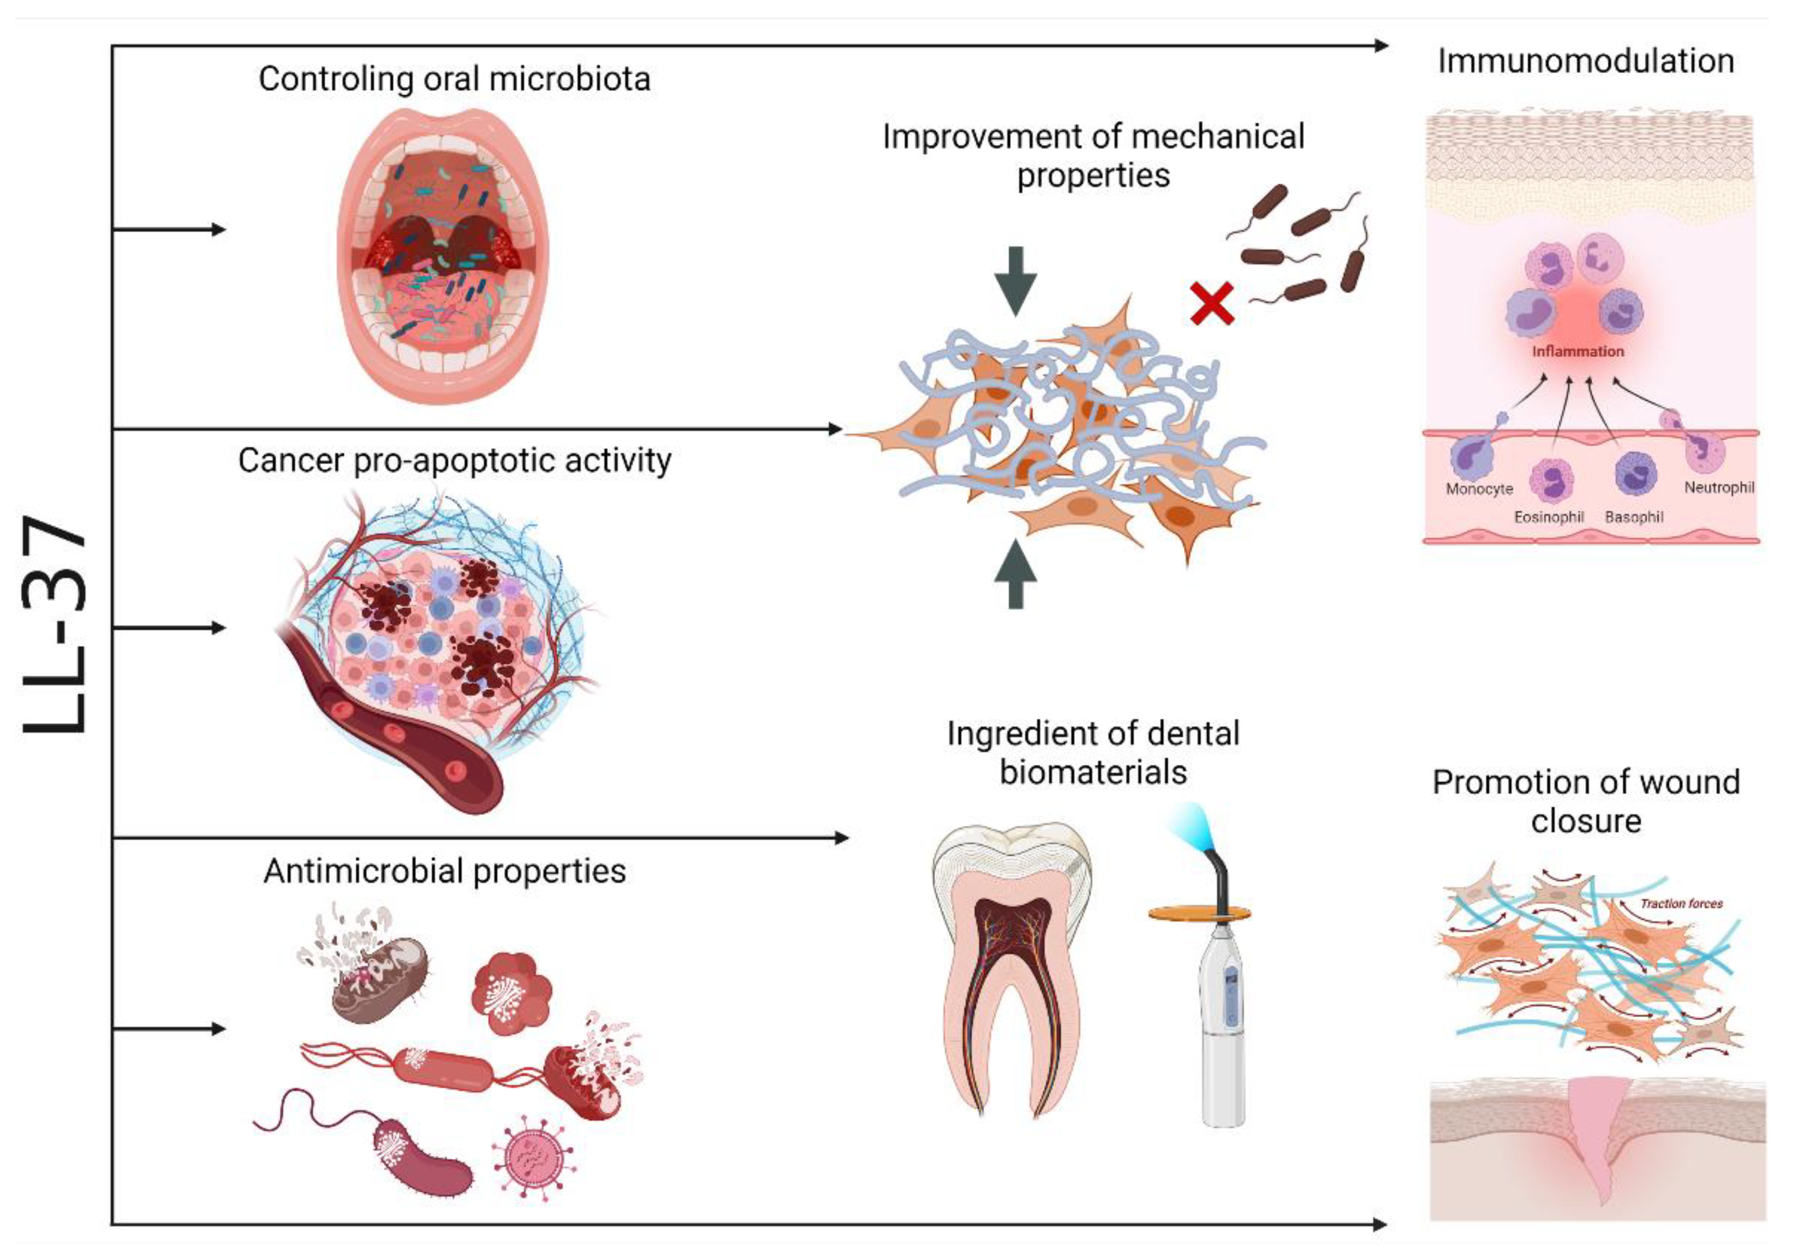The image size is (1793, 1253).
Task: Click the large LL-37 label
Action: [x=53, y=625]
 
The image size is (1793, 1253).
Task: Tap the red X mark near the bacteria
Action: [x=1211, y=304]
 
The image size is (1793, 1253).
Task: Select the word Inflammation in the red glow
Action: [x=1578, y=352]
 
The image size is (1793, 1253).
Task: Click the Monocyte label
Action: [x=1479, y=489]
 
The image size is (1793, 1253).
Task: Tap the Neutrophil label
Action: [x=1719, y=488]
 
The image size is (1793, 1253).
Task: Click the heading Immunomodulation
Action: [x=1585, y=62]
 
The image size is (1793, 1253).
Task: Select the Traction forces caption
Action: [x=1681, y=904]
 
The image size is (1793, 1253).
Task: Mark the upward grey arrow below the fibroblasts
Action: [x=1015, y=574]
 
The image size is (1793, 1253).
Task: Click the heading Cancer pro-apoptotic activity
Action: [x=454, y=461]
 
